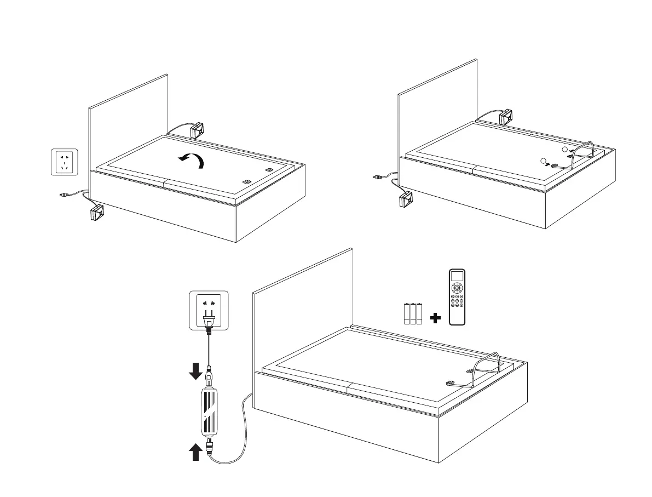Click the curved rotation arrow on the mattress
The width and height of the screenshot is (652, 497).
tap(192, 160)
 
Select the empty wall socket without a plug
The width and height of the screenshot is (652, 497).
tap(65, 162)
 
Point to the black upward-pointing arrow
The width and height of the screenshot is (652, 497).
tap(195, 453)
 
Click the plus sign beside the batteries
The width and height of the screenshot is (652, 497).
tap(436, 318)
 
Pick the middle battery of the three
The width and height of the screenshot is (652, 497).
tap(413, 314)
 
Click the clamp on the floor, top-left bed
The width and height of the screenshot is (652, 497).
tap(97, 212)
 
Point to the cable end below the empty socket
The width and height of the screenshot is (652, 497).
tap(63, 194)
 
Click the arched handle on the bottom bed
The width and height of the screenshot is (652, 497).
tap(488, 364)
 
